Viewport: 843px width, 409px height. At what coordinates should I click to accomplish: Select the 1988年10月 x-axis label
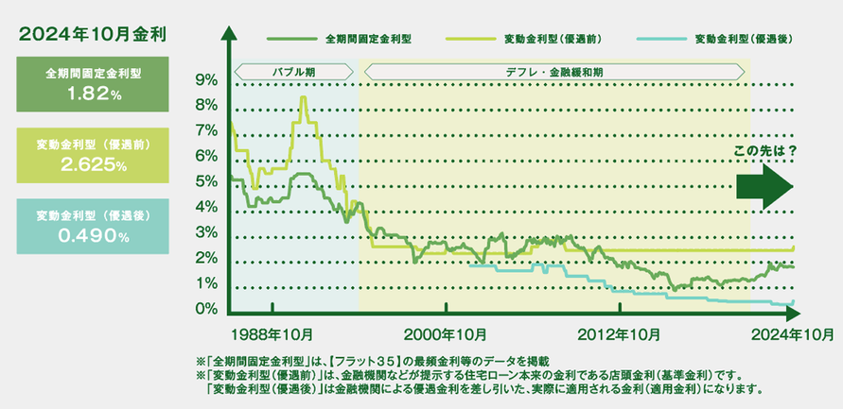tap(272, 333)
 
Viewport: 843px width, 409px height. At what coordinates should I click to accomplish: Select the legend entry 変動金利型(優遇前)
tap(555, 41)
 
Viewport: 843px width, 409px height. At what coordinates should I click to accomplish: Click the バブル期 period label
tap(294, 71)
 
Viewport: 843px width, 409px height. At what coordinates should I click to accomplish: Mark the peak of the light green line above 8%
tap(303, 98)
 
